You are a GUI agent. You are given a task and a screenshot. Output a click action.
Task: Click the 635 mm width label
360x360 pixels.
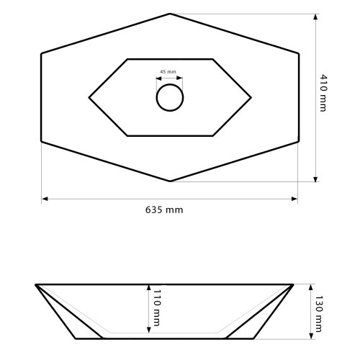[164, 210]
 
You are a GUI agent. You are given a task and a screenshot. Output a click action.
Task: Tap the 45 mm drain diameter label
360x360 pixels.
[168, 72]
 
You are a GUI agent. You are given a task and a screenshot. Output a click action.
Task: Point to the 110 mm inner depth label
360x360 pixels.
[155, 307]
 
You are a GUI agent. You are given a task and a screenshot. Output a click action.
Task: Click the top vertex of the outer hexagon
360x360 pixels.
[170, 14]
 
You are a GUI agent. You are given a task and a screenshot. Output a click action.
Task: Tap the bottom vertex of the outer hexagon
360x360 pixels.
[170, 181]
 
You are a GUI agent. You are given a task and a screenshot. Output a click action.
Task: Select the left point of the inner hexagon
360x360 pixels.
[89, 96]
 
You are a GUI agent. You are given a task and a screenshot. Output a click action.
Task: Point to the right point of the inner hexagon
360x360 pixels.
[251, 96]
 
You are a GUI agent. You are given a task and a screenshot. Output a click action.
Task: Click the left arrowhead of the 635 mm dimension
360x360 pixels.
[44, 199]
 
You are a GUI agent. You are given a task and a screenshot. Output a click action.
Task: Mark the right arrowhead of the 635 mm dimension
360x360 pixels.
[295, 199]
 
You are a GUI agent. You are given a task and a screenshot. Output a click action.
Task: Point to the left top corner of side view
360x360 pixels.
[36, 284]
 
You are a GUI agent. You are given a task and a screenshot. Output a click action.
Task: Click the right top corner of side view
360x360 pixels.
[293, 284]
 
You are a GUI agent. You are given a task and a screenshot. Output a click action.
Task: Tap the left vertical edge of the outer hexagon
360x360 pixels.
[42, 97]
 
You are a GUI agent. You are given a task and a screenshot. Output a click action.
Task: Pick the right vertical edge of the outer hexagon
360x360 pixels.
[298, 97]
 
